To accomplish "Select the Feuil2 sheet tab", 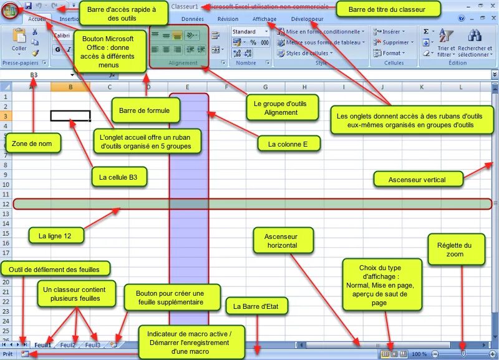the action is [x=68, y=345].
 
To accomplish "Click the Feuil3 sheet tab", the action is [x=92, y=345].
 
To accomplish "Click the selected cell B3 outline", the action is [x=70, y=116].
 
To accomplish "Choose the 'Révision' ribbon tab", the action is [x=228, y=19].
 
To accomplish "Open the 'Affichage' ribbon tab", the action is [x=264, y=19].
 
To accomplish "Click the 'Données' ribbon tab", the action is [x=193, y=19].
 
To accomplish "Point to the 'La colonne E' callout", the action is [x=289, y=144].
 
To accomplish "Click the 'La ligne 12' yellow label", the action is [x=56, y=236].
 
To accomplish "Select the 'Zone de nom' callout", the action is [x=33, y=144].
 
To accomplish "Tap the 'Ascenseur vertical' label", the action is [x=418, y=180].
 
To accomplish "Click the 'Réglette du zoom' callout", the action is [x=455, y=250].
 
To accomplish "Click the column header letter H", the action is [x=304, y=87].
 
